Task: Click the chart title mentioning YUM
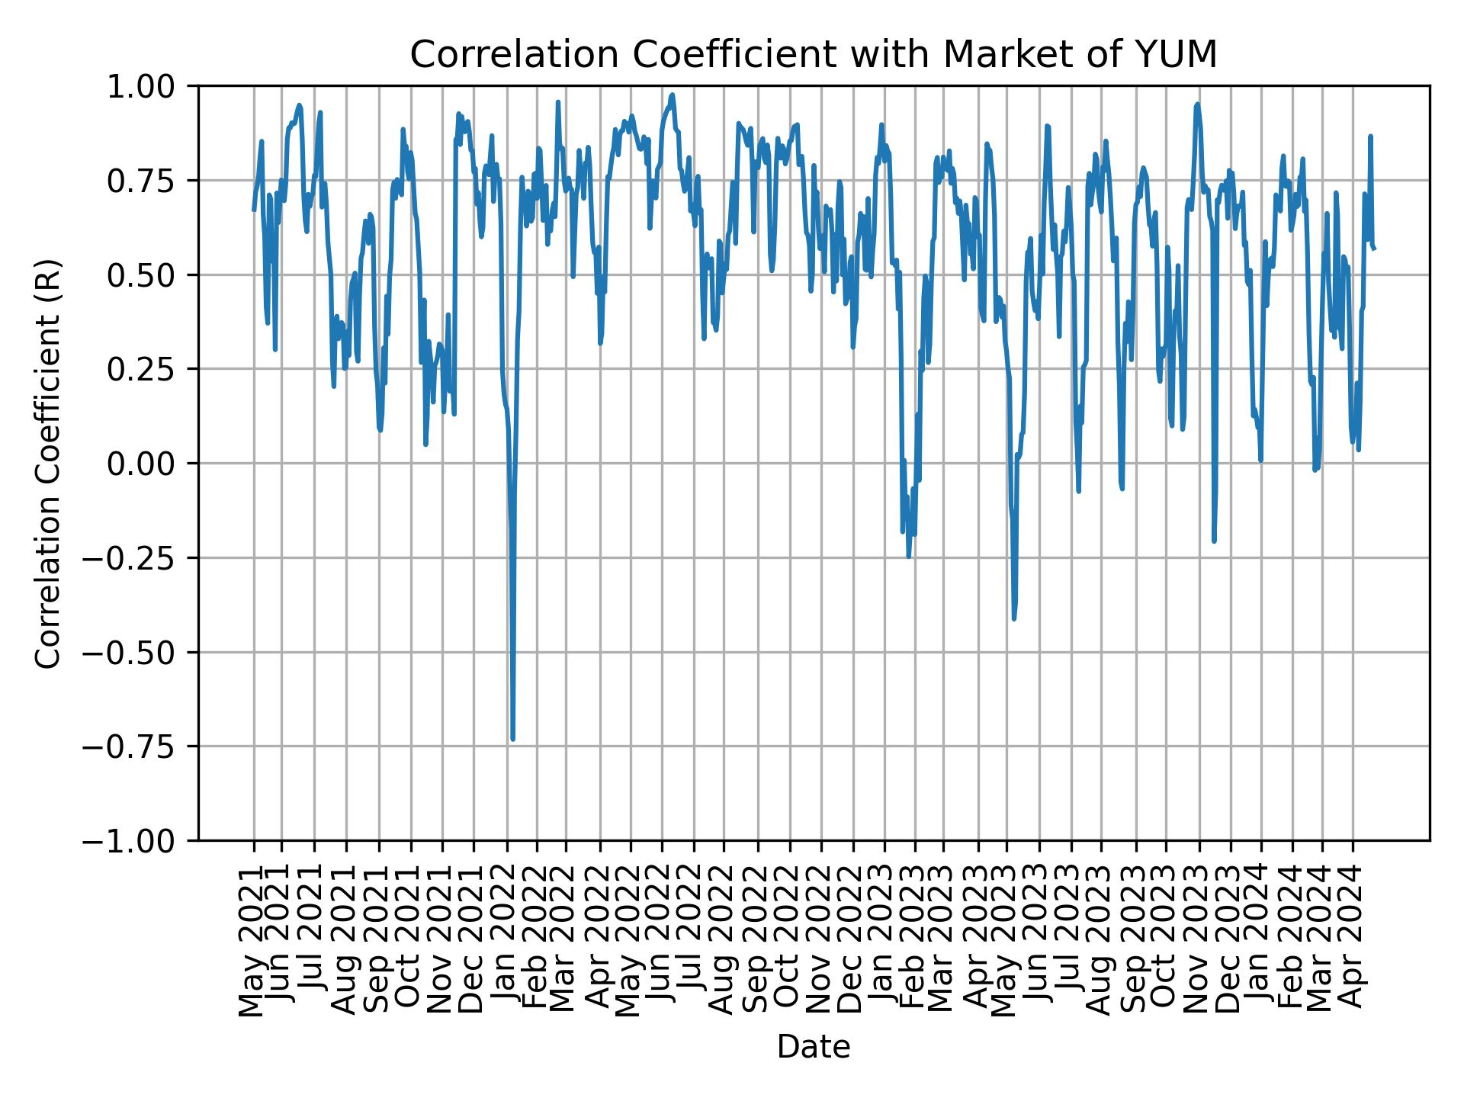(x=813, y=55)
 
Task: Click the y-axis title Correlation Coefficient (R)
(x=49, y=463)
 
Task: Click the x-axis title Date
(x=813, y=1048)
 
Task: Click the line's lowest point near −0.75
(x=512, y=738)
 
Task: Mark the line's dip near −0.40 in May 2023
(x=1013, y=618)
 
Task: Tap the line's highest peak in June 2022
(x=672, y=95)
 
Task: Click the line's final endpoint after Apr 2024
(x=1374, y=249)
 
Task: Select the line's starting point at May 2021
(x=254, y=210)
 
